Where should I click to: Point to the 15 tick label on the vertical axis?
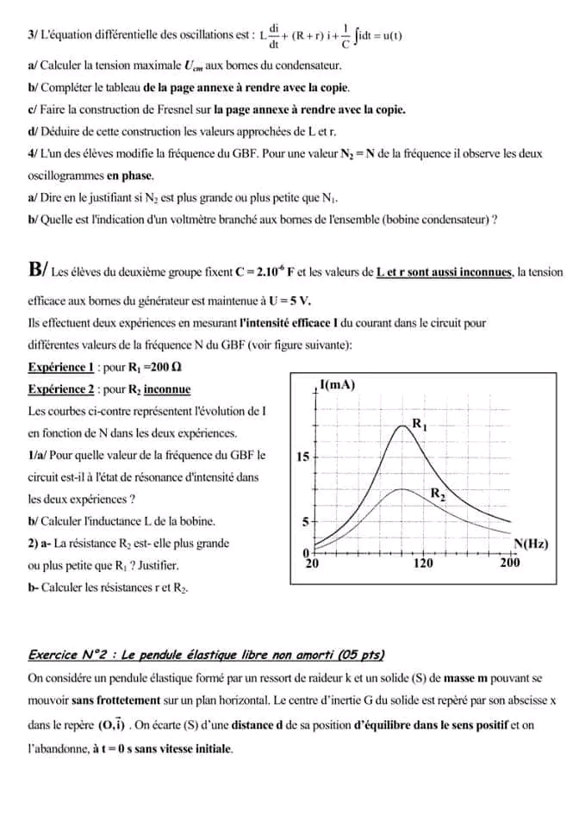coord(302,457)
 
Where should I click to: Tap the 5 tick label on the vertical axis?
coord(304,522)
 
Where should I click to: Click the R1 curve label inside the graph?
coord(420,423)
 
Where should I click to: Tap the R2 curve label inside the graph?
coord(438,494)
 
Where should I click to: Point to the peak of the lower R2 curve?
coord(400,488)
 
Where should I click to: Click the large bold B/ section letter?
coord(38,270)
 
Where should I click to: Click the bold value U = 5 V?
coord(290,301)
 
